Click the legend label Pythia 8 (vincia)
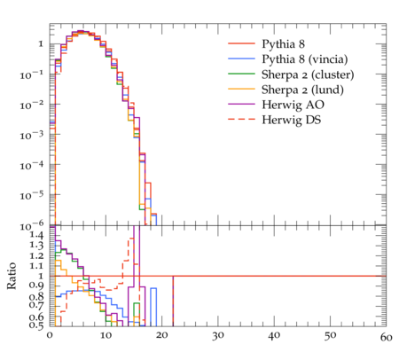click(305, 59)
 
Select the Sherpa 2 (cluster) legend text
click(308, 74)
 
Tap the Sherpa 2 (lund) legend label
click(302, 90)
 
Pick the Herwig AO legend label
click(293, 105)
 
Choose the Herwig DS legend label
click(292, 120)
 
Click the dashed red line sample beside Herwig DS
click(241, 119)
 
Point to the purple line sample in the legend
click(241, 104)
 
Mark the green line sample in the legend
click(241, 74)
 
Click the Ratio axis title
click(12, 276)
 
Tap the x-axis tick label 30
click(218, 336)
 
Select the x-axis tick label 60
click(386, 337)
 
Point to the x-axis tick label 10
click(106, 336)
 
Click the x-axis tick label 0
click(50, 336)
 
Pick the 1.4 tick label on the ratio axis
click(36, 235)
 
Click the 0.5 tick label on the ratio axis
click(36, 325)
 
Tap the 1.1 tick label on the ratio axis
click(36, 265)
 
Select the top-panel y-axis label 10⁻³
click(32, 136)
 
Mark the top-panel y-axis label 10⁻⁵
click(32, 195)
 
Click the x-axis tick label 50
click(330, 336)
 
